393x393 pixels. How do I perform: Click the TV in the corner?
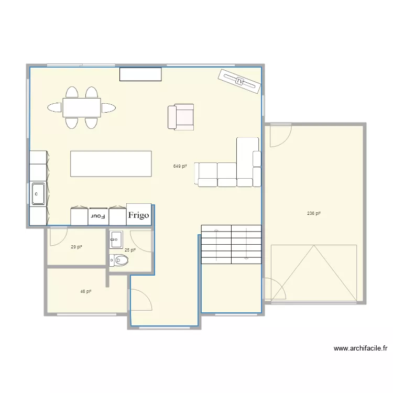239,81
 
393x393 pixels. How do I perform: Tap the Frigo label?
139,215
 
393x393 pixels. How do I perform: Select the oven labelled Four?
98,215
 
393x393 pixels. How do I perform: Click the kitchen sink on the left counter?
38,193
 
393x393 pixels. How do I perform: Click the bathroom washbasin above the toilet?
116,241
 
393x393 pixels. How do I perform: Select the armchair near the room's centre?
181,117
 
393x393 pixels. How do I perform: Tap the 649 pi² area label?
180,166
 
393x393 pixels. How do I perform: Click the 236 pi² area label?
313,213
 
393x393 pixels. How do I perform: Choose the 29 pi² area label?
77,246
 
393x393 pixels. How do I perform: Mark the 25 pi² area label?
130,250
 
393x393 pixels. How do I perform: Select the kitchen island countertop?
111,164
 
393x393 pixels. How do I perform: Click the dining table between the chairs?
82,107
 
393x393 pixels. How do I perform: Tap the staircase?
231,244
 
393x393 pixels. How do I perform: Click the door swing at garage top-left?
279,136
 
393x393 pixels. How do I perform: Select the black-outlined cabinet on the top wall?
140,74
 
